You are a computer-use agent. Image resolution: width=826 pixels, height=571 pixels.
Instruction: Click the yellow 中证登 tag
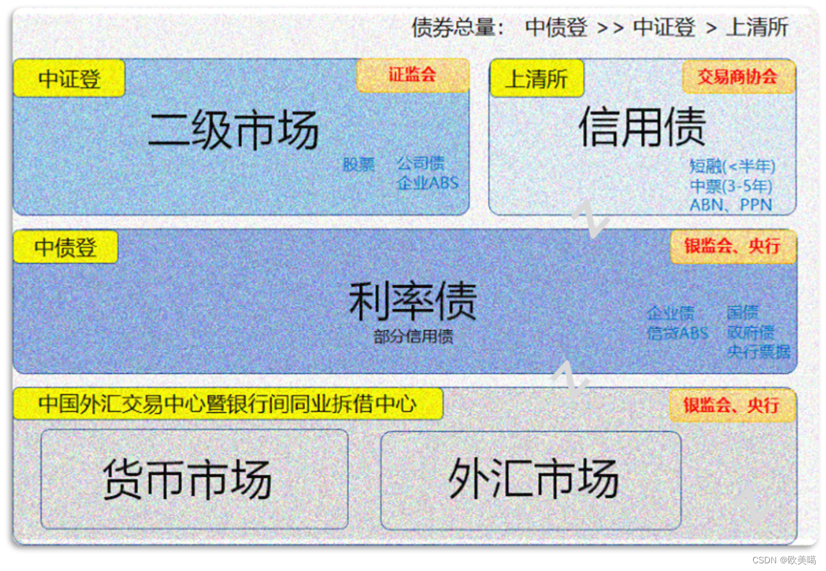click(x=69, y=79)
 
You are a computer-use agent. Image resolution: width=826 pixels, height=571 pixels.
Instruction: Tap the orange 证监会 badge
click(x=412, y=75)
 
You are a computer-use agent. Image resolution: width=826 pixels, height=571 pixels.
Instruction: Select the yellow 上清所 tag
click(x=536, y=79)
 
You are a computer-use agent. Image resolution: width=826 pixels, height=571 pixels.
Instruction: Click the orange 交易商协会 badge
click(x=737, y=77)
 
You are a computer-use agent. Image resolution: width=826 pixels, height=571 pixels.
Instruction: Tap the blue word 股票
click(x=359, y=164)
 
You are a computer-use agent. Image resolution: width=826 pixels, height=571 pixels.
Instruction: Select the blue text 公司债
click(x=420, y=163)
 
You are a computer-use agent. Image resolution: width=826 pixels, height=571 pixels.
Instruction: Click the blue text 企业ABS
click(x=427, y=183)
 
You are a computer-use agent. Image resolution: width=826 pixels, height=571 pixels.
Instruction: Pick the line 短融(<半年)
click(x=732, y=166)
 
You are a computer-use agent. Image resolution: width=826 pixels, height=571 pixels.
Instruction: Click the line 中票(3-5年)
click(x=731, y=186)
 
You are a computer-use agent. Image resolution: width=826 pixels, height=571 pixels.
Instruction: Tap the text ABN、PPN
click(x=730, y=205)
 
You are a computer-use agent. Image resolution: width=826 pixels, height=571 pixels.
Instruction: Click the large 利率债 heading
click(x=412, y=301)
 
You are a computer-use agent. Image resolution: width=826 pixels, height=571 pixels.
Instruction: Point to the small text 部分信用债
click(x=413, y=336)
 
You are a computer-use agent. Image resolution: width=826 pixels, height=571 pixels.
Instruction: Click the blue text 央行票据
click(x=758, y=351)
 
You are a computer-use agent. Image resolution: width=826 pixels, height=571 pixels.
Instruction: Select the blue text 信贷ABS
click(x=677, y=332)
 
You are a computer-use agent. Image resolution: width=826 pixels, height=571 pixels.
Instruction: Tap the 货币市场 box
click(x=194, y=479)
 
